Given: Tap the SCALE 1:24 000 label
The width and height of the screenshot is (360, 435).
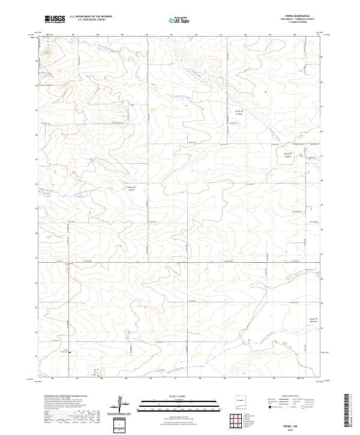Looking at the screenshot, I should tap(179, 395).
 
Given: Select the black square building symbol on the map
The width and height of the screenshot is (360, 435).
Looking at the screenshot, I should tap(68, 352).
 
